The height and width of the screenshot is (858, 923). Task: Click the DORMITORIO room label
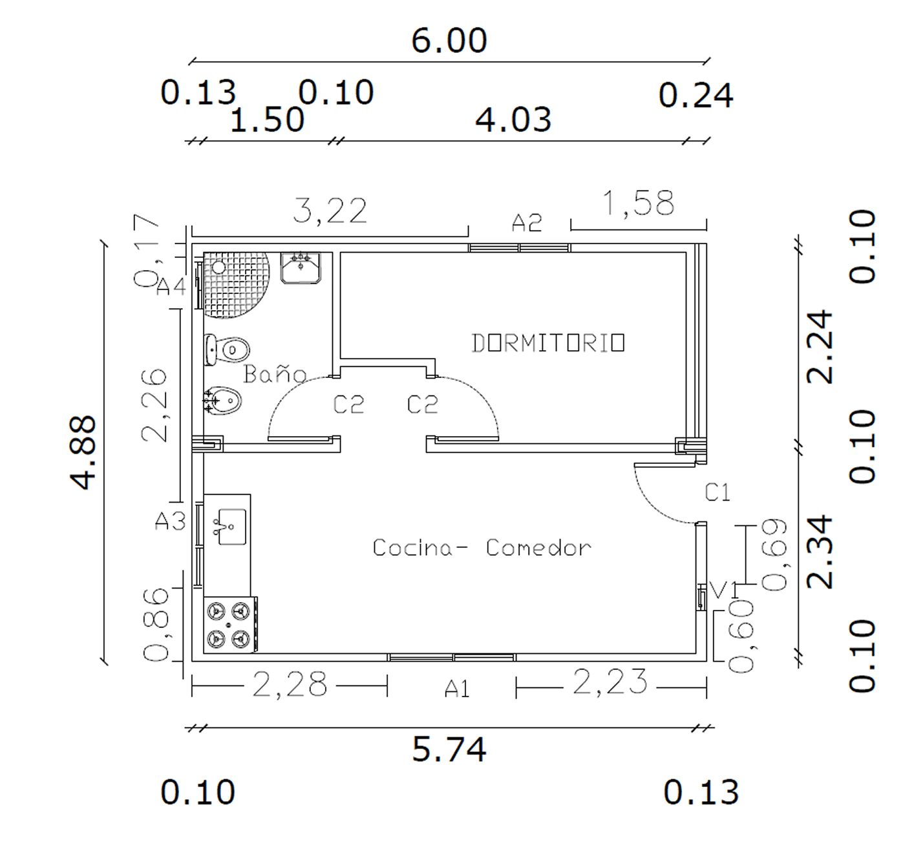548,344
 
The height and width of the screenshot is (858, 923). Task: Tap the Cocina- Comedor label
482,547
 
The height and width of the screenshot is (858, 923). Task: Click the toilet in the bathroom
227,349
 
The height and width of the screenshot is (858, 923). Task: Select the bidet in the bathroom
222,400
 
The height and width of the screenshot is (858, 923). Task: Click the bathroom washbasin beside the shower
301,267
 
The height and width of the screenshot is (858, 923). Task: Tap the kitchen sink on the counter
231,527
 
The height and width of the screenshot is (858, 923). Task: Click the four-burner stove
230,625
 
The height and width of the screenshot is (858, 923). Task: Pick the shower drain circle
218,267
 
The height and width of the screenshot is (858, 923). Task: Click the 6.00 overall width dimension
449,41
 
